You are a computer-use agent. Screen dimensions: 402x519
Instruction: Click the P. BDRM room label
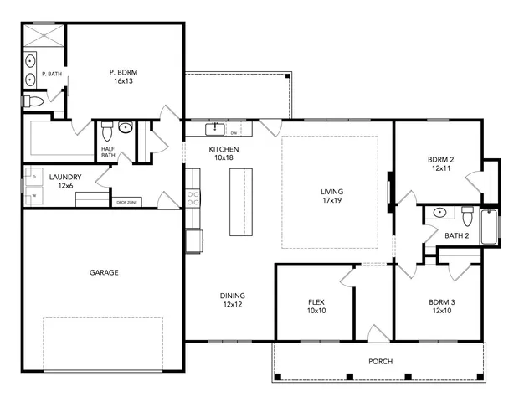[124, 77]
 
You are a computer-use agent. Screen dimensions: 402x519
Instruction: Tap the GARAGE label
[104, 272]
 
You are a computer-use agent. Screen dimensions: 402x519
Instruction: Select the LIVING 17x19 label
[331, 196]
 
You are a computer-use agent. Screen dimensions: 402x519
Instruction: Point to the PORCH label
[381, 362]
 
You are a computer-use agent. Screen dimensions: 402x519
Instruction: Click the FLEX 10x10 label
[316, 306]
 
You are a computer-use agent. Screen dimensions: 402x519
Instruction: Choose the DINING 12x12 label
[233, 300]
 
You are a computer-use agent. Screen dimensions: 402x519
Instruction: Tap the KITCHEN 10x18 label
[224, 153]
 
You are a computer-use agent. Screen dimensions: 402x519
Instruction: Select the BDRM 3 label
[442, 306]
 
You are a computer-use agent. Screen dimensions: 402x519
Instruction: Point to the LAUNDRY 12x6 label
[64, 181]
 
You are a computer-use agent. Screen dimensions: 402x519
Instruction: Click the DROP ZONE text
[126, 203]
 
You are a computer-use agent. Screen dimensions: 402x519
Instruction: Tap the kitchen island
[240, 202]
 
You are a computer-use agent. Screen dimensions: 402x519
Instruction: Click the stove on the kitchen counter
[193, 198]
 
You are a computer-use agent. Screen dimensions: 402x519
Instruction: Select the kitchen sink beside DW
[215, 130]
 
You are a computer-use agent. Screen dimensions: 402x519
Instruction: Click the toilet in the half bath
[106, 132]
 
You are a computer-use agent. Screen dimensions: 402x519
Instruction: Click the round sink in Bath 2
[439, 213]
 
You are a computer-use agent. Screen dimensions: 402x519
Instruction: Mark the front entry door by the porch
[374, 333]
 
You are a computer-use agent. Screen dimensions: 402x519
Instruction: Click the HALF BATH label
[108, 152]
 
